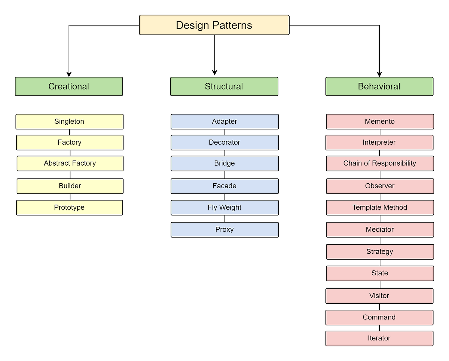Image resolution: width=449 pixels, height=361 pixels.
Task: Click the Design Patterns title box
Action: coord(214,25)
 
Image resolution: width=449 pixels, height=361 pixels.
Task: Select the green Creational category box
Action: coord(69,86)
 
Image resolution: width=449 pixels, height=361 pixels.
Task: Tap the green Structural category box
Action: coord(224,86)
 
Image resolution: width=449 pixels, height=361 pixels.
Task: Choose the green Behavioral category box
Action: coord(379,86)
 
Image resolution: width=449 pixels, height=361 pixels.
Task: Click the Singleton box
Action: coord(69,122)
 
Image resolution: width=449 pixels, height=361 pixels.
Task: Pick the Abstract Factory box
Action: coord(70,163)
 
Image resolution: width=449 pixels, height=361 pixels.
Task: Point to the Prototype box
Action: coord(69,208)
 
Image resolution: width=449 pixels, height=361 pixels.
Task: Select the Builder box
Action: coord(70,186)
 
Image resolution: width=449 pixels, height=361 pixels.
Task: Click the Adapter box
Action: coord(224,122)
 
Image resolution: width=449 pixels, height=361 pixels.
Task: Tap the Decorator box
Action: coord(224,143)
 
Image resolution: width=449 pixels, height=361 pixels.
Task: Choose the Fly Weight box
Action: coord(224,208)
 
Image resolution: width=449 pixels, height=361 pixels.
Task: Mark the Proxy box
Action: coord(224,230)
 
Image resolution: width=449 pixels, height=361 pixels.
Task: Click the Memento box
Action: coord(380,122)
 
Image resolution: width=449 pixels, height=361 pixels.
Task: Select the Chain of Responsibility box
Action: coord(380,163)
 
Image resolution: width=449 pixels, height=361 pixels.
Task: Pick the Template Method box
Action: coord(380,208)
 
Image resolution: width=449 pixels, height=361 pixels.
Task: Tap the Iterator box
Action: coord(379,338)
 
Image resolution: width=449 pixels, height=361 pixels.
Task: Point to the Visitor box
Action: coord(379,296)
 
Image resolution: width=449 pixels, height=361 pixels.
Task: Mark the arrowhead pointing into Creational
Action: coord(69,74)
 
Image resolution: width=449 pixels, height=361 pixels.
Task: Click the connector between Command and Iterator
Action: coord(379,328)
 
